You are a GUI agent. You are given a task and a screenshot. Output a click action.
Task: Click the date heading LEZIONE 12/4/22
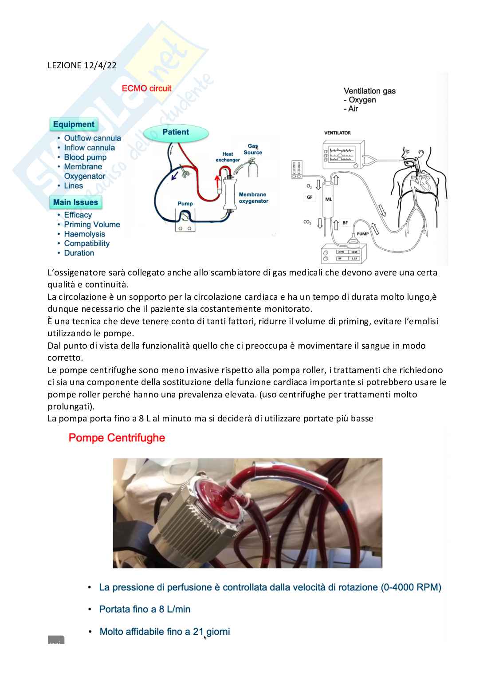(x=82, y=65)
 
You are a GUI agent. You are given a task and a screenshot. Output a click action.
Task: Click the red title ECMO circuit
(x=146, y=88)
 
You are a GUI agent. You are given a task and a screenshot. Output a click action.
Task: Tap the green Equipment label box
(x=74, y=125)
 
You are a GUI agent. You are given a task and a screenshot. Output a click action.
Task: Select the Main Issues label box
(x=75, y=202)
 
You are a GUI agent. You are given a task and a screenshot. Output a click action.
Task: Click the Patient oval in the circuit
(x=176, y=132)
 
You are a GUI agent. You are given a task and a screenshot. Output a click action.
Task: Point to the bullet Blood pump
(x=85, y=157)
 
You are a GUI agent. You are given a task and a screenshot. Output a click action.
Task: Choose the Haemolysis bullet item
(x=84, y=234)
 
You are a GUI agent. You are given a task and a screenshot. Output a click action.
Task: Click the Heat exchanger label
(x=228, y=157)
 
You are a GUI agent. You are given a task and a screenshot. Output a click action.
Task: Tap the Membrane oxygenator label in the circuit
(x=253, y=198)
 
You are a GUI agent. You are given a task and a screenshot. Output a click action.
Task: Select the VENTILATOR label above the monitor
(x=337, y=133)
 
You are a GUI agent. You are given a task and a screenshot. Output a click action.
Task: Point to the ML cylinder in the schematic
(x=328, y=199)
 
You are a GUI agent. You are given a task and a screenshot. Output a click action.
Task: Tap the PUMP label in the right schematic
(x=362, y=234)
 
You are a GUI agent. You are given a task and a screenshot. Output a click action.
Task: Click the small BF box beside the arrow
(x=345, y=223)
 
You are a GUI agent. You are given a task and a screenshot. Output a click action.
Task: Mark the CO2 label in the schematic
(x=307, y=222)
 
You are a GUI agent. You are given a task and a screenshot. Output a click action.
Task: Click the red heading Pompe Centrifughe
(x=117, y=438)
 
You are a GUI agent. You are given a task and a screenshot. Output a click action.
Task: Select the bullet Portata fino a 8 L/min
(x=145, y=609)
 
